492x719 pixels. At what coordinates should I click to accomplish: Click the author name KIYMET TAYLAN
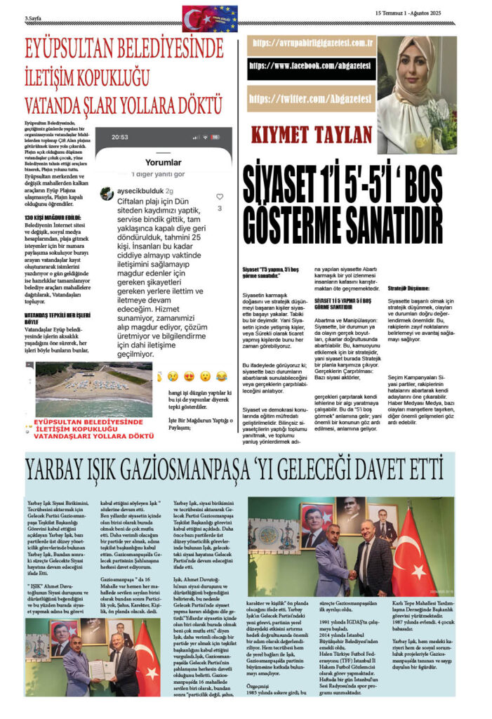(312, 135)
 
